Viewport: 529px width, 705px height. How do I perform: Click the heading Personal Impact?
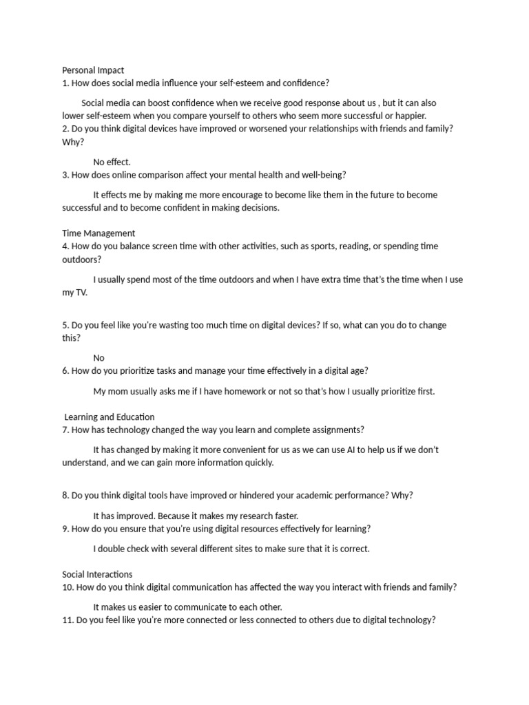(93, 70)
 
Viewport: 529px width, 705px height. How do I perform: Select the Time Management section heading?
(98, 233)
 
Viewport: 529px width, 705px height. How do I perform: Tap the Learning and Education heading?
(110, 417)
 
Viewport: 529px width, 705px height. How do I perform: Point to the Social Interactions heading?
(97, 574)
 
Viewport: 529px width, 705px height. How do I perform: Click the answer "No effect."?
(112, 162)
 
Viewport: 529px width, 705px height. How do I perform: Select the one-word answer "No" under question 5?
(99, 358)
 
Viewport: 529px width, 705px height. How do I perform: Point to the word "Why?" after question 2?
(73, 142)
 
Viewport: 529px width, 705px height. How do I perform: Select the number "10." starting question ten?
(68, 587)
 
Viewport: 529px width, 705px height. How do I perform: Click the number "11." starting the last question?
(68, 620)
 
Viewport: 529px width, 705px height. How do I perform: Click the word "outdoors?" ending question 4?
(82, 260)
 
